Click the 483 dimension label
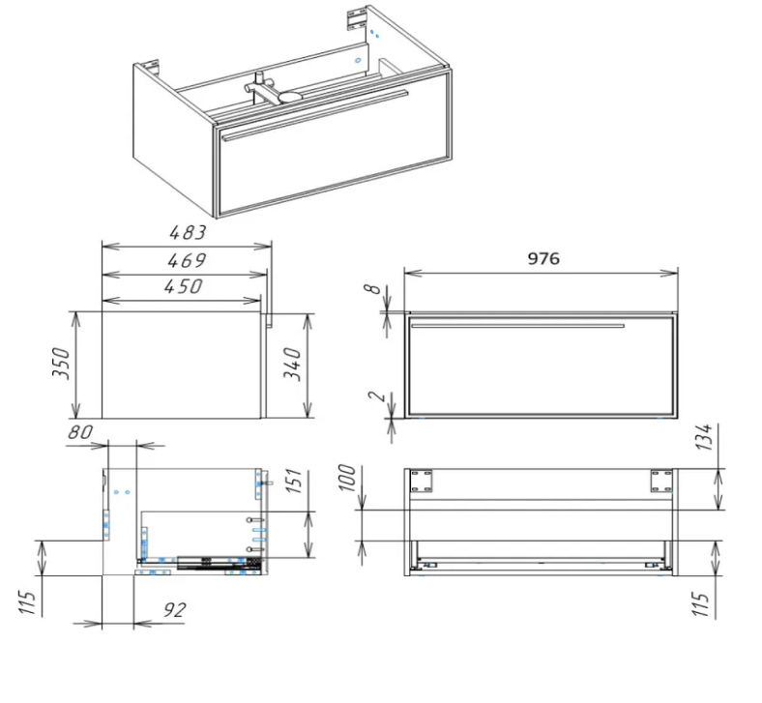(188, 233)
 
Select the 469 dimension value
(187, 260)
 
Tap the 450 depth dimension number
(183, 286)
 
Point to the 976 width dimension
(543, 258)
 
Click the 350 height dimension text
(62, 363)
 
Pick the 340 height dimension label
(293, 365)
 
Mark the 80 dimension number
(79, 431)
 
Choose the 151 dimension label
(294, 482)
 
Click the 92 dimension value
(173, 610)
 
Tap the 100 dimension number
(346, 478)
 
